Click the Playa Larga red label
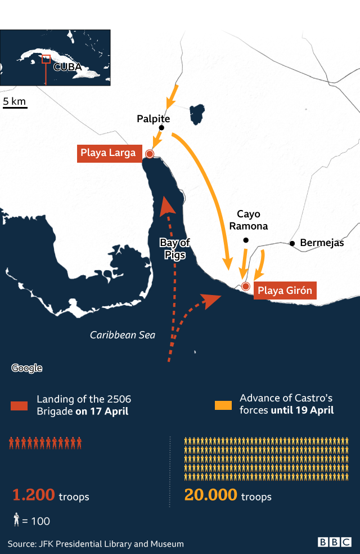tap(109, 153)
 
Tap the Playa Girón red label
tap(285, 291)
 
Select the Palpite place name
tap(153, 119)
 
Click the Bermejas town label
tap(322, 243)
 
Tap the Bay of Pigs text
tap(174, 248)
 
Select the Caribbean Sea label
tap(123, 335)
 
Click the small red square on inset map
tap(46, 59)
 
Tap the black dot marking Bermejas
tap(292, 243)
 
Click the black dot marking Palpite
tap(161, 128)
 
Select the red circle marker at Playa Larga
tap(150, 154)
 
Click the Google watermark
tap(26, 368)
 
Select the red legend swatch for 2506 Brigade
tap(19, 405)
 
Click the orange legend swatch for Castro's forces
tap(223, 405)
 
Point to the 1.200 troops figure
tap(51, 495)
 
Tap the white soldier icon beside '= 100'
tap(16, 520)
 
